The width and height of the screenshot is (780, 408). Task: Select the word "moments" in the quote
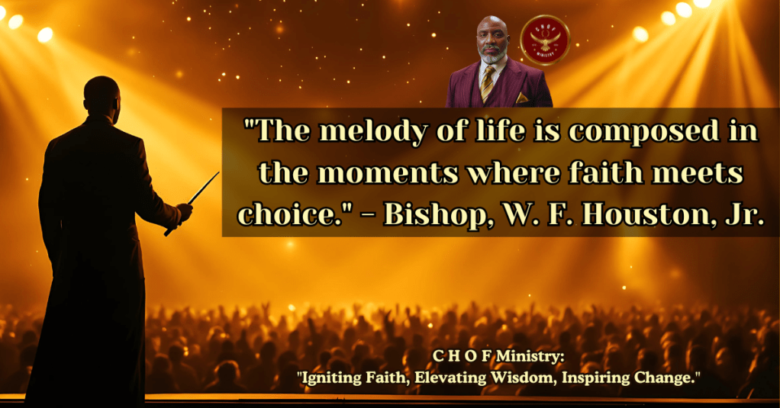(388, 173)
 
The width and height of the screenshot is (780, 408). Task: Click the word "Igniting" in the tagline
(330, 378)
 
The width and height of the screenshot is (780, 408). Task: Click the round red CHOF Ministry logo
(545, 40)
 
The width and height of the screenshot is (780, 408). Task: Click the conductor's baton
(192, 204)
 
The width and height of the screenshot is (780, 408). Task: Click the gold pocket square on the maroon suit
(522, 98)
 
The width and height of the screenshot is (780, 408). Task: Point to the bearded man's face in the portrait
(492, 40)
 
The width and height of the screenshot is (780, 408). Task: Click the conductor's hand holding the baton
(184, 212)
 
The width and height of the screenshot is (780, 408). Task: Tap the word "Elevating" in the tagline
(450, 378)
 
